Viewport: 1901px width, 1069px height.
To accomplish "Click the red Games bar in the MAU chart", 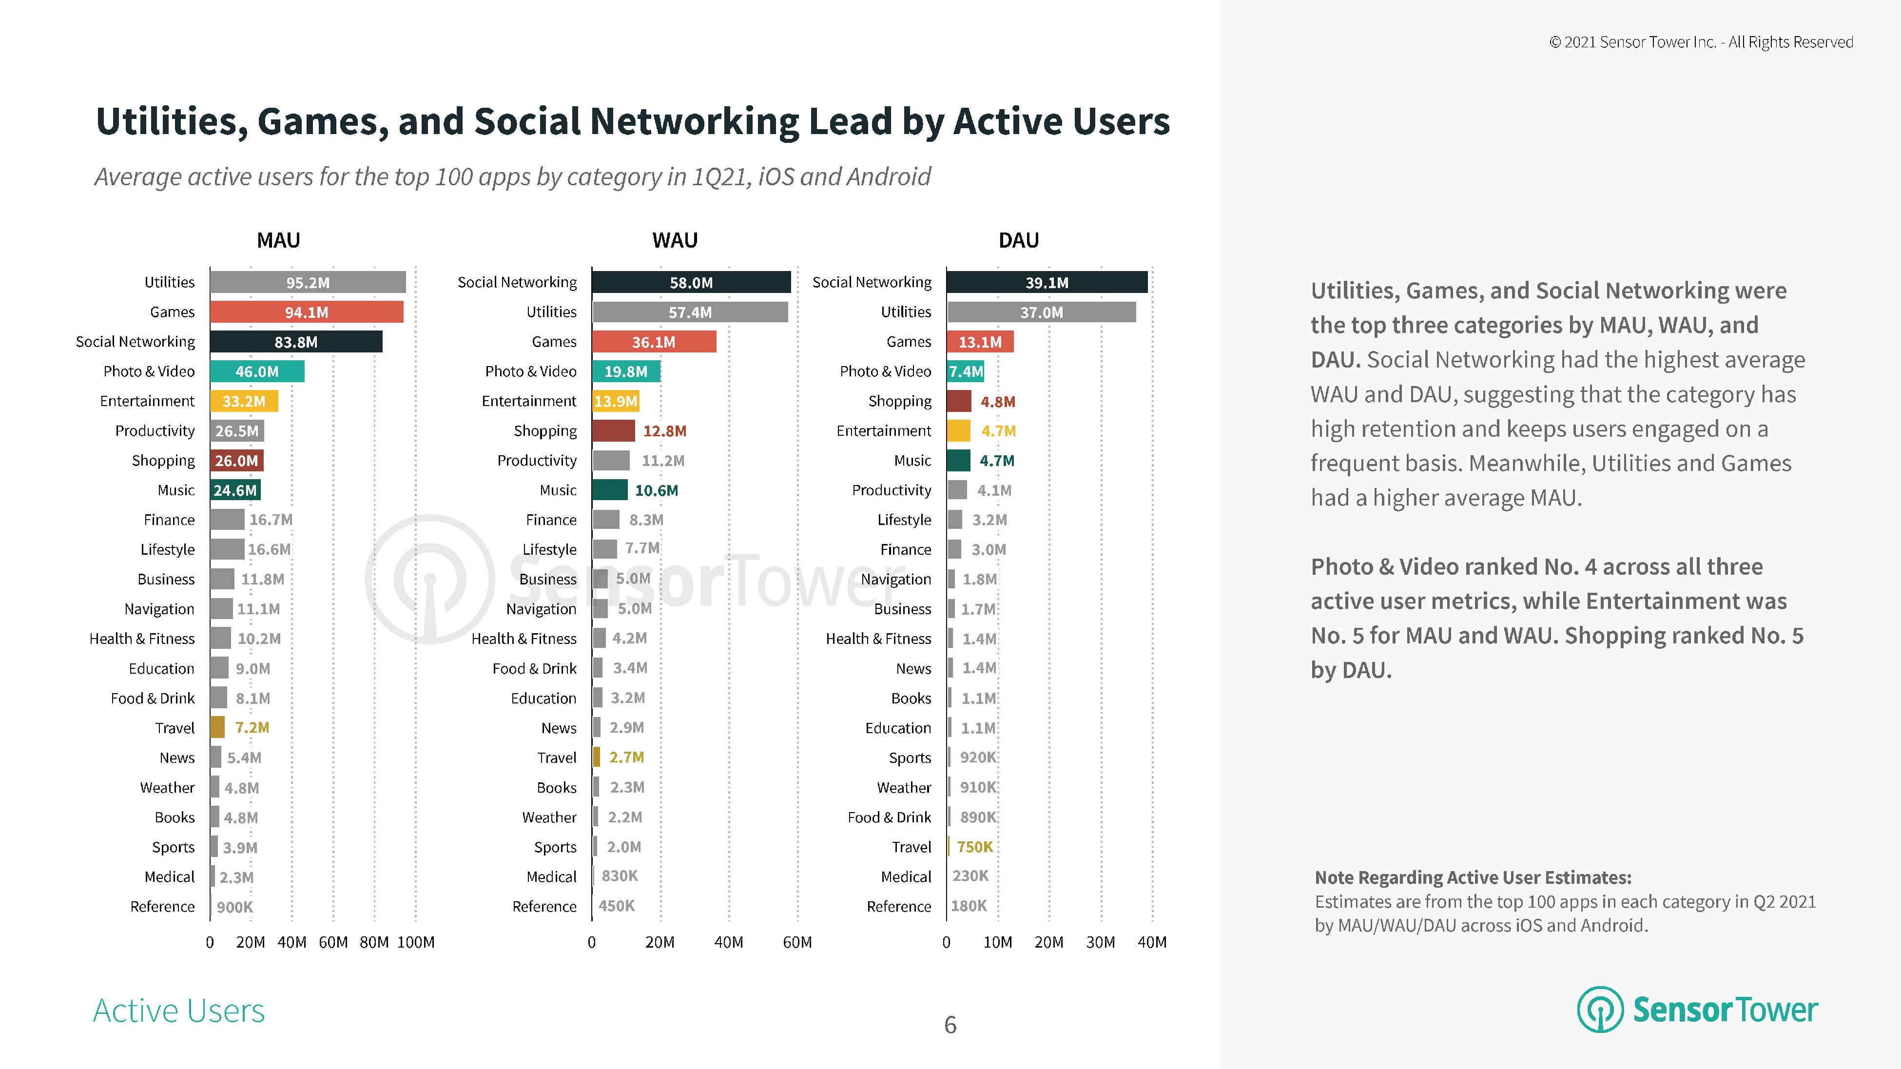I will pos(306,312).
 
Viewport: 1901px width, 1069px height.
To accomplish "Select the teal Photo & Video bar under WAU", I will pos(626,371).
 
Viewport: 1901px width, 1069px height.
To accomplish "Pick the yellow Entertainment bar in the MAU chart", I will pos(244,401).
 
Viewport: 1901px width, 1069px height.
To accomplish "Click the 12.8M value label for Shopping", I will pos(664,431).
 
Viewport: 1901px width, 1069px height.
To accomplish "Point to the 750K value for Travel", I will pos(975,847).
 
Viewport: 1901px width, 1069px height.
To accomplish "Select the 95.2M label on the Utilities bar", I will pos(308,283).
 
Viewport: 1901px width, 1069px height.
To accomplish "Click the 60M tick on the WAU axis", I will pos(797,942).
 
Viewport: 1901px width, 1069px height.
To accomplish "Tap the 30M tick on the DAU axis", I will pos(1100,942).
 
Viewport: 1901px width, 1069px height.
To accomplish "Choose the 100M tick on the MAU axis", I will pos(415,942).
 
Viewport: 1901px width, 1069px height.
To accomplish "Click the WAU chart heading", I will pos(675,240).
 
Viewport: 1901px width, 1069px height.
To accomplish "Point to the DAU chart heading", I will pos(1018,240).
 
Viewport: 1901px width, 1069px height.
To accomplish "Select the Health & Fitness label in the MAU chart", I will pos(142,638).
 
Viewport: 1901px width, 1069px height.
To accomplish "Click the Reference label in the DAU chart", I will pos(899,906).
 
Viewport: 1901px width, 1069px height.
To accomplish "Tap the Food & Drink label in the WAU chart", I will pos(534,668).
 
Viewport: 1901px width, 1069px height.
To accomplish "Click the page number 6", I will pos(950,1025).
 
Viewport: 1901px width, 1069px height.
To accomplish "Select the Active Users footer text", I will pos(178,1011).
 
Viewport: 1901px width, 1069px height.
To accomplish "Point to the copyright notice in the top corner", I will pos(1701,42).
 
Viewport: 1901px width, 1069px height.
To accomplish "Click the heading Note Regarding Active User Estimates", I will pos(1473,877).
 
